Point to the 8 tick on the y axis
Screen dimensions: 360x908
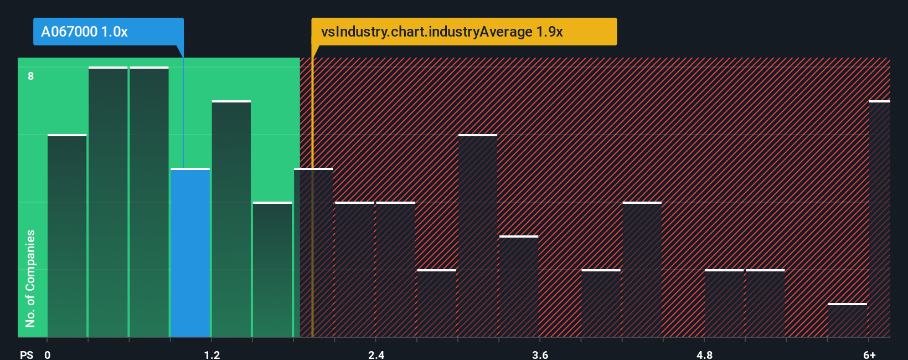pos(31,76)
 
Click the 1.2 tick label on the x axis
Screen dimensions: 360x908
pos(212,354)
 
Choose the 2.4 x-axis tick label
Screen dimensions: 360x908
pos(376,354)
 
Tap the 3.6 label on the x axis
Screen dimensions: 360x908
pos(540,354)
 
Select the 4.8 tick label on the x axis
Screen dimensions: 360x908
pos(704,354)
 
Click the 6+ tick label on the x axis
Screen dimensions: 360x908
pos(869,354)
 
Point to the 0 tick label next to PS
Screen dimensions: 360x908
pos(48,354)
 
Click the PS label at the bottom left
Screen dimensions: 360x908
pos(27,354)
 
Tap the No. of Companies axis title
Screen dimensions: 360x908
pos(30,278)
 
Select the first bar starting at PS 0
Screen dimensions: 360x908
pos(67,236)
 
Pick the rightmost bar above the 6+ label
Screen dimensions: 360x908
pos(879,219)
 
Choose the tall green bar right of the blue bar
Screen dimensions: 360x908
pos(231,219)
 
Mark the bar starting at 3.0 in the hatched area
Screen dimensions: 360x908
pos(478,236)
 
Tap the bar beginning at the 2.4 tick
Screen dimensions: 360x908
pos(395,270)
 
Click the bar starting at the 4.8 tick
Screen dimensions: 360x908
pos(724,304)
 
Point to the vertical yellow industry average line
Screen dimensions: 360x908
pos(312,222)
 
